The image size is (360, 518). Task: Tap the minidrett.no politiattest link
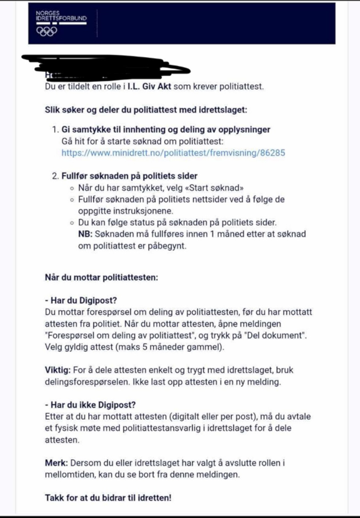click(x=173, y=153)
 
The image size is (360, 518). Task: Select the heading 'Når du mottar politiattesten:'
click(x=101, y=277)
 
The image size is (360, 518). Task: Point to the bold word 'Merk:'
click(x=57, y=463)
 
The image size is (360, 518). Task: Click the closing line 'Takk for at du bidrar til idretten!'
click(x=108, y=498)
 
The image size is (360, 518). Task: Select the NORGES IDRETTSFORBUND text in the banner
click(x=61, y=16)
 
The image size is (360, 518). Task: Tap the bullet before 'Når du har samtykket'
click(x=71, y=188)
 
